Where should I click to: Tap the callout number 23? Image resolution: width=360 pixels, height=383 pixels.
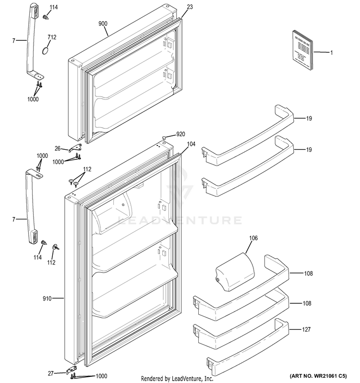[176, 7]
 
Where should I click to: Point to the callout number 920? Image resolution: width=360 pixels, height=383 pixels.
[180, 134]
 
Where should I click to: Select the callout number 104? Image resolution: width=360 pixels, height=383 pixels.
[191, 144]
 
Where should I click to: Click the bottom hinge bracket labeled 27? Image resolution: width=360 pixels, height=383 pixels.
[71, 371]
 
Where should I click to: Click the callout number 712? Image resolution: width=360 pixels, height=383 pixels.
[52, 37]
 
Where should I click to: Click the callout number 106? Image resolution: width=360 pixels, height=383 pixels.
[252, 238]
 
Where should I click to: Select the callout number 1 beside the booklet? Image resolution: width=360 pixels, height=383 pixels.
[331, 53]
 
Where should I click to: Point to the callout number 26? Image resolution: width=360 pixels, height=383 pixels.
[58, 148]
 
